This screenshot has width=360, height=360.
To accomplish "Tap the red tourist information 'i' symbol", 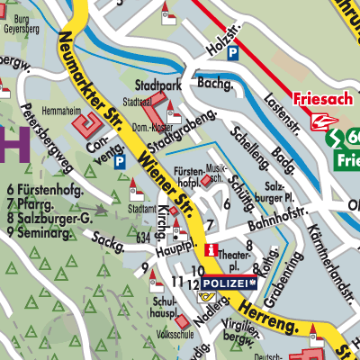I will pos(211,249).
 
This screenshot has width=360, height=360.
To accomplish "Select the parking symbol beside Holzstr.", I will pos(233,54).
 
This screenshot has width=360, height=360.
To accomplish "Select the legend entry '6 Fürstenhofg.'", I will pos(45,191).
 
